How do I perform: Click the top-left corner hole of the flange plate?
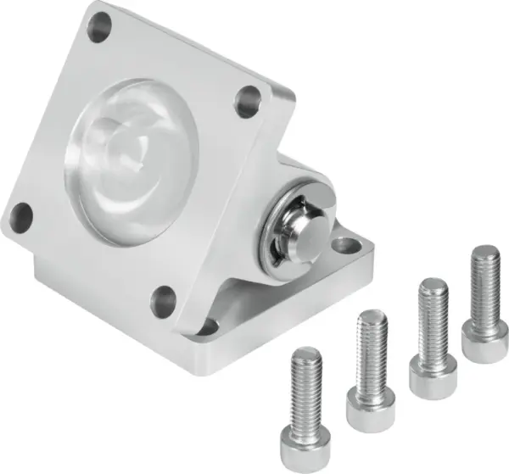pyautogui.click(x=99, y=28)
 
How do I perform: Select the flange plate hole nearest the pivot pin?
pyautogui.click(x=249, y=102)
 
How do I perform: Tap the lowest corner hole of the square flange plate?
pyautogui.click(x=163, y=300)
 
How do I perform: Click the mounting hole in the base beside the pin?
pyautogui.click(x=346, y=247)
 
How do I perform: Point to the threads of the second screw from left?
pyautogui.click(x=372, y=348)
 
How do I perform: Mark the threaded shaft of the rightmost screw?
pyautogui.click(x=485, y=284)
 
